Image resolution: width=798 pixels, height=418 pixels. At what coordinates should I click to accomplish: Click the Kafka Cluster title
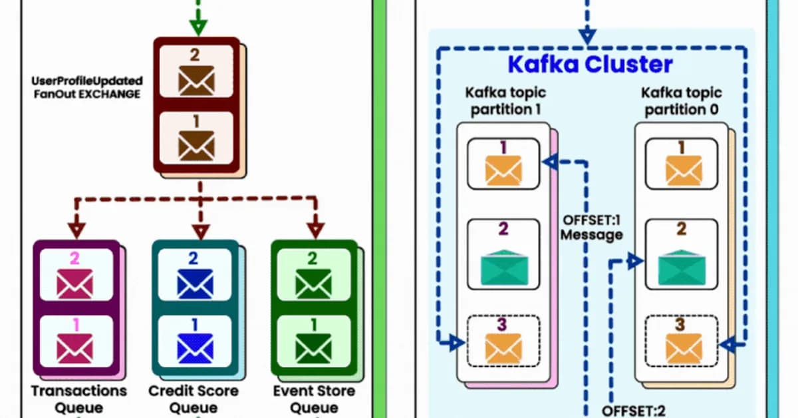tap(590, 65)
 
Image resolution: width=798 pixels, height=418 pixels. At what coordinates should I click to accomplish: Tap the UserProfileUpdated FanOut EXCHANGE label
tap(87, 88)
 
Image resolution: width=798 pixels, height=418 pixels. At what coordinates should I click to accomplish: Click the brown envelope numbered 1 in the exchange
tap(198, 144)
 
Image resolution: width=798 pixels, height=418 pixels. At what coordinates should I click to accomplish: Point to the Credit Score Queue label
tap(194, 399)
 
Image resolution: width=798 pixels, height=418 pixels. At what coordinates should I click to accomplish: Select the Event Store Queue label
tap(314, 399)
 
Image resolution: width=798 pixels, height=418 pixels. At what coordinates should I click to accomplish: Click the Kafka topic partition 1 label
tap(503, 101)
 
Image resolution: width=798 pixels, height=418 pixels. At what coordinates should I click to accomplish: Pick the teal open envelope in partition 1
tap(503, 266)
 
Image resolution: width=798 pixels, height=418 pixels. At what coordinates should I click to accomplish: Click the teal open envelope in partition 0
tap(682, 266)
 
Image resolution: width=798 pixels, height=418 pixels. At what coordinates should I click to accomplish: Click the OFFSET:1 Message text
tap(592, 227)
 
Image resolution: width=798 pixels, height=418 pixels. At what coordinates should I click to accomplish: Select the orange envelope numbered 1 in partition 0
tap(684, 170)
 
